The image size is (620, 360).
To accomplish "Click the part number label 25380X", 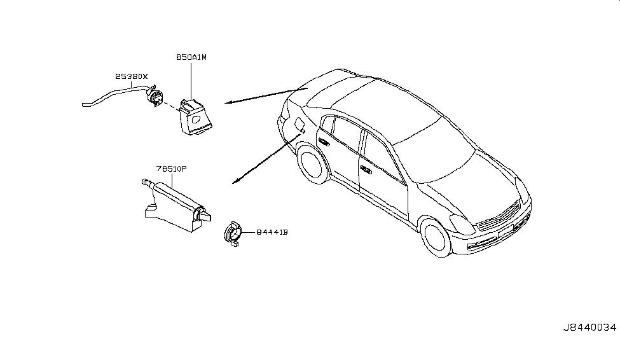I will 131,76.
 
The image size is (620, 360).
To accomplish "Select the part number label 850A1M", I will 191,57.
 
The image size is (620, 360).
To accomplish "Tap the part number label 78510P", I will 170,170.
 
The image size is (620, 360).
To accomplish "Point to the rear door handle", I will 324,143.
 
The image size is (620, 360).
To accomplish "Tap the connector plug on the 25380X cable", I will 155,98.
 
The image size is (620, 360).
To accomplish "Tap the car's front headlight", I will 462,223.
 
